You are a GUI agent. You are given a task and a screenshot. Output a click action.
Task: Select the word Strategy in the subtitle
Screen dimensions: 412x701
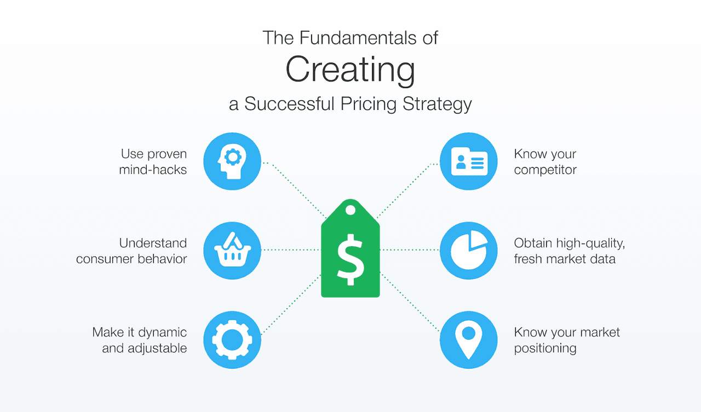[x=438, y=103]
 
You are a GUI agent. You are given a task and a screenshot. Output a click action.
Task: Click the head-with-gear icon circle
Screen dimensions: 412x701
[x=232, y=161]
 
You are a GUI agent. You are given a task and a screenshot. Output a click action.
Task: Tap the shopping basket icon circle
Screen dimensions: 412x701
[x=232, y=251]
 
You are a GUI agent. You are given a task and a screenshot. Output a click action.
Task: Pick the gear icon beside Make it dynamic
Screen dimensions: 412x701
[x=232, y=340]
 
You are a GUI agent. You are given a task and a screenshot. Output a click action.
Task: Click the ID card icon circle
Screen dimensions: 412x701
[x=469, y=161]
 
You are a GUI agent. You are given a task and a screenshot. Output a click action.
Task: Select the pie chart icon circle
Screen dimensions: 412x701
[x=469, y=251]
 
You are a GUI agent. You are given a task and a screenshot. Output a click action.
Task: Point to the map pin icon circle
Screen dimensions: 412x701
[x=469, y=340]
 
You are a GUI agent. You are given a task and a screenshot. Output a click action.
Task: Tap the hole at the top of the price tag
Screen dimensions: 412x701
[x=350, y=210]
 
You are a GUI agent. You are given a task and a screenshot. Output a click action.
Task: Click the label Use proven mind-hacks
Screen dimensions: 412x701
[x=153, y=162]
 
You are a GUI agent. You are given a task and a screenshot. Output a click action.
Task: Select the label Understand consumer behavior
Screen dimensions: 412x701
[x=132, y=251]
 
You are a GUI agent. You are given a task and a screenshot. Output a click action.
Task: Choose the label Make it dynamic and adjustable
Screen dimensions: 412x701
[x=140, y=340]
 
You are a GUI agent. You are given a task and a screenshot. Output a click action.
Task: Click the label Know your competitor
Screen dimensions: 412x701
[x=545, y=162]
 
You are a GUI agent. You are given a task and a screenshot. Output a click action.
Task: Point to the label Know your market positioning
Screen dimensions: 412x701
[x=567, y=340]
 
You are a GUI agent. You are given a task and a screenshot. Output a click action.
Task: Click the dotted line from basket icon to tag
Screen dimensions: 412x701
[x=291, y=250]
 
